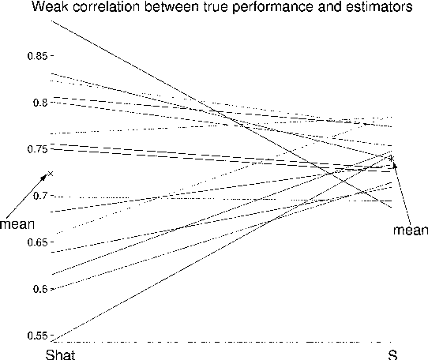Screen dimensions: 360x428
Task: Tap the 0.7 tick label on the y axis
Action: pyautogui.click(x=37, y=195)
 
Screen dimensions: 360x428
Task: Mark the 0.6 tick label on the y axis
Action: pyautogui.click(x=37, y=288)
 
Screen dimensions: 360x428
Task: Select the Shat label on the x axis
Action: pyautogui.click(x=60, y=353)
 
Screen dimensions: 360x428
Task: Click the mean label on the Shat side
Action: pyautogui.click(x=16, y=223)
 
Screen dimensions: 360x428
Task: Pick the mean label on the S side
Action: pyautogui.click(x=410, y=230)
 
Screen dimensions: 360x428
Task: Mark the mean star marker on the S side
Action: pyautogui.click(x=391, y=158)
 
